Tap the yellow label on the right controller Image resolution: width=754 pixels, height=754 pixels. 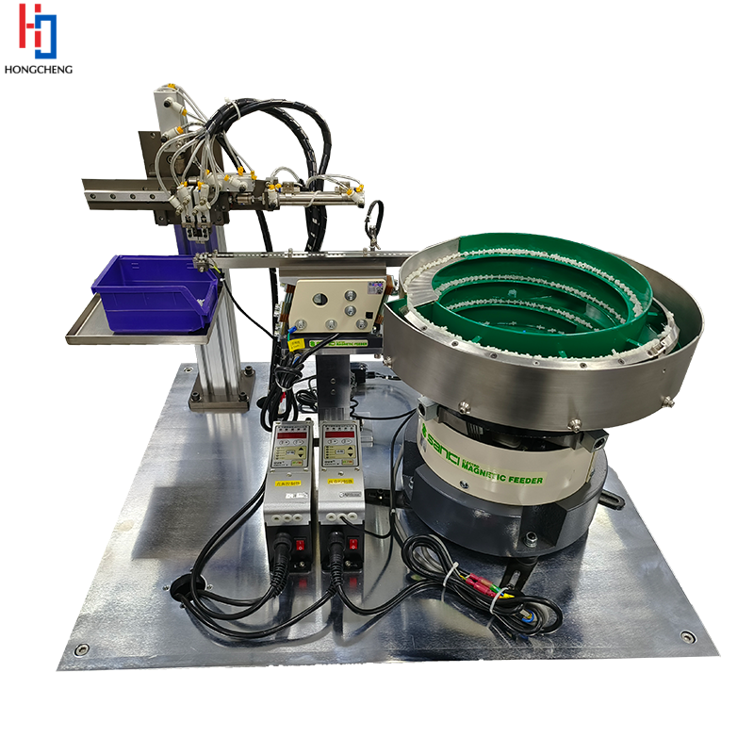tap(338, 482)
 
